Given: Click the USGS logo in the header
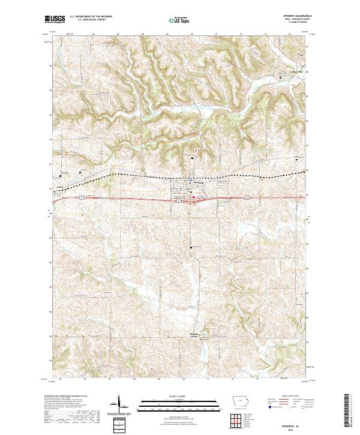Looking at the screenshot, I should click(x=55, y=19).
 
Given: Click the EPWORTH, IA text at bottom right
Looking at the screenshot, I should click(x=297, y=424).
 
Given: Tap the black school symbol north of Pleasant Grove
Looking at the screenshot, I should click(x=192, y=248).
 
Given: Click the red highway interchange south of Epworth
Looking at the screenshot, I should click(x=188, y=202).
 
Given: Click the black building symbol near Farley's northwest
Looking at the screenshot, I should click(x=60, y=176).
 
